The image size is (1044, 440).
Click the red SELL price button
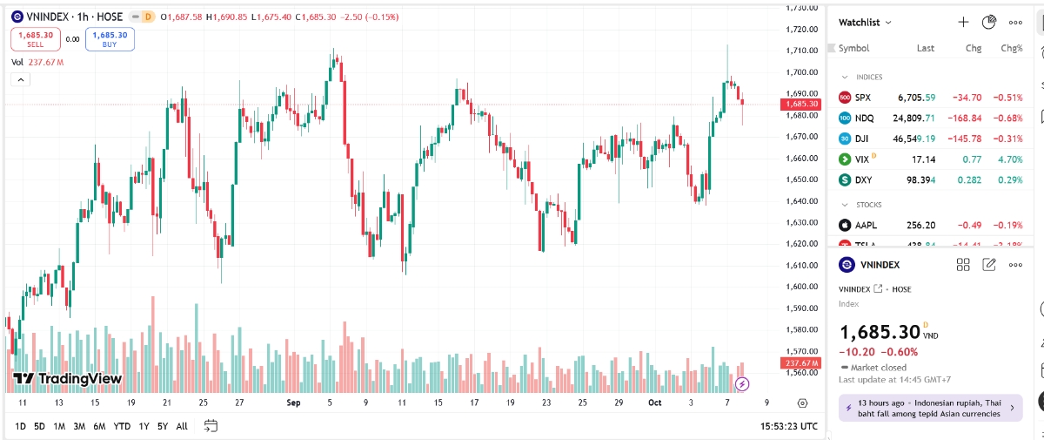[x=36, y=39]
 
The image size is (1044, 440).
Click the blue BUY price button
[x=110, y=39]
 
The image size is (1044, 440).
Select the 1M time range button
[x=59, y=426]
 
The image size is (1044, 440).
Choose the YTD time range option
[x=122, y=426]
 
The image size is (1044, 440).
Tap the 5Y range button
[x=163, y=426]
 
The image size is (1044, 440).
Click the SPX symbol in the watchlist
[x=862, y=98]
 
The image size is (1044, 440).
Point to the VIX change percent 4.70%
[x=1011, y=159]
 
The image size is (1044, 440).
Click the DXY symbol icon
[x=844, y=180]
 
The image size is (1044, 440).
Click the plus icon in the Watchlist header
[x=963, y=23]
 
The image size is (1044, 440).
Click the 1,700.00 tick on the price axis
[x=799, y=72]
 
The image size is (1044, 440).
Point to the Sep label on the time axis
[x=293, y=403]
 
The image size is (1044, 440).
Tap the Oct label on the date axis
[x=654, y=403]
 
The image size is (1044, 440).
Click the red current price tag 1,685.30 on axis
[x=799, y=104]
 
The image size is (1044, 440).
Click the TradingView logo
[x=67, y=379]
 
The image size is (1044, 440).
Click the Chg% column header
[x=1011, y=49]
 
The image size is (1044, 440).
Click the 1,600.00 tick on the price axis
[x=799, y=287]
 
